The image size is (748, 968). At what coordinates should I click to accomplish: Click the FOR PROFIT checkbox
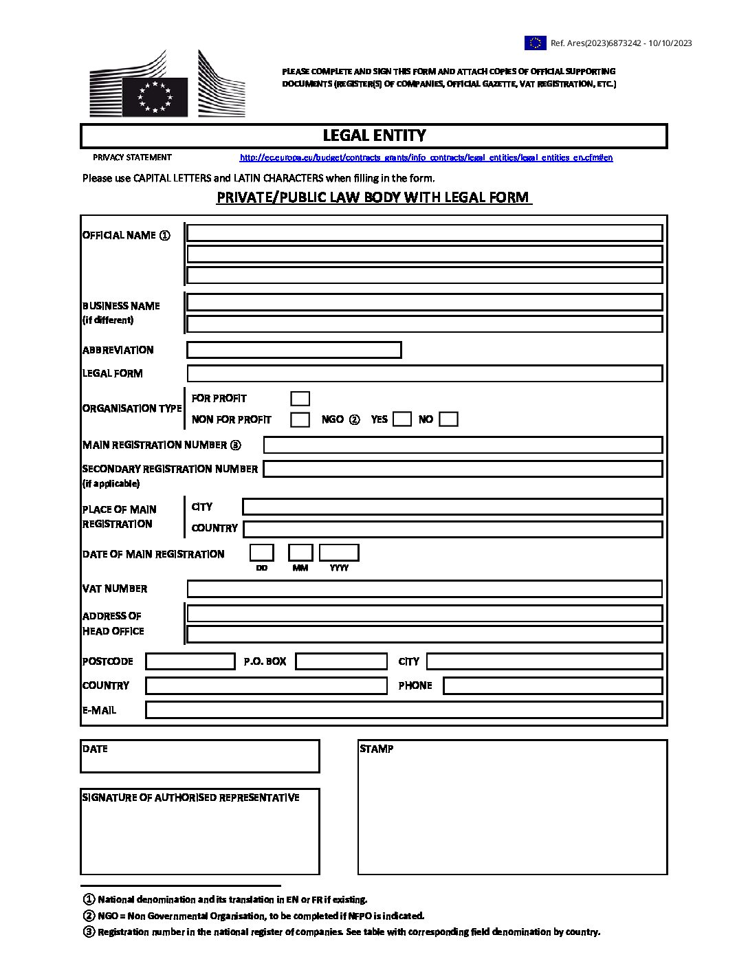(x=300, y=399)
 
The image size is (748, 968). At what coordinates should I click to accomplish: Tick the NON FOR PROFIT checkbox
(x=300, y=419)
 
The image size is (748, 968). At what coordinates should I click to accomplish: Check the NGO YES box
(x=402, y=419)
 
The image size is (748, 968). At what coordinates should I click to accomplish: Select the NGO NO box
(x=448, y=419)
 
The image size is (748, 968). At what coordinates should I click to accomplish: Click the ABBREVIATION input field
(x=294, y=350)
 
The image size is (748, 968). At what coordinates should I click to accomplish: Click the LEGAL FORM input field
(x=424, y=373)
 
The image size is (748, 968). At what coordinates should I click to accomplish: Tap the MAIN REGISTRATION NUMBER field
(x=463, y=445)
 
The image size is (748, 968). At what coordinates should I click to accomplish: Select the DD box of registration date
(x=261, y=553)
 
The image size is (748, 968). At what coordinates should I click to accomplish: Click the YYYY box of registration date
(x=339, y=553)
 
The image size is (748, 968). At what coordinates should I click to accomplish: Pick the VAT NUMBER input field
(x=424, y=588)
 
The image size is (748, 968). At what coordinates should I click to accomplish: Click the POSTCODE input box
(x=190, y=661)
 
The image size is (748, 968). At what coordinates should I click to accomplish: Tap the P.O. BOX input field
(x=341, y=661)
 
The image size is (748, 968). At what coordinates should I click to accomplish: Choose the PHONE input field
(x=553, y=685)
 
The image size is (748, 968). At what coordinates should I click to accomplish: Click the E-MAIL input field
(x=404, y=709)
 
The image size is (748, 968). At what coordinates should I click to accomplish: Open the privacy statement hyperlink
(x=426, y=157)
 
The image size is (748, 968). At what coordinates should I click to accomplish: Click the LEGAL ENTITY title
(x=374, y=135)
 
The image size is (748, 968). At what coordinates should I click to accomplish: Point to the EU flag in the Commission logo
(x=155, y=96)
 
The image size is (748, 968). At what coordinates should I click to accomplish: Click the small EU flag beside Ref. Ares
(x=536, y=43)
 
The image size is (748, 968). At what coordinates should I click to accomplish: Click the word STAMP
(x=377, y=749)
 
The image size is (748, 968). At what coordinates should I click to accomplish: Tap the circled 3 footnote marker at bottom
(x=89, y=932)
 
